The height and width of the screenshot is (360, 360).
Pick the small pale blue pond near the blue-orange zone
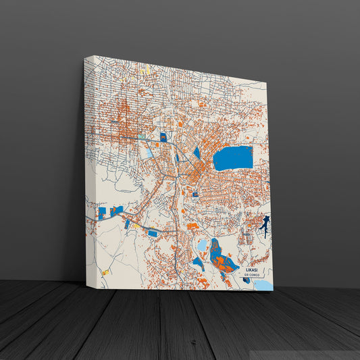(x=201, y=245)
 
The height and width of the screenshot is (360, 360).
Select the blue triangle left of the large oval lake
(x=197, y=153)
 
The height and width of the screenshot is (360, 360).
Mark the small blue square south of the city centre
(x=195, y=195)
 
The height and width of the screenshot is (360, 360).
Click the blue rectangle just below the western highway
(x=153, y=233)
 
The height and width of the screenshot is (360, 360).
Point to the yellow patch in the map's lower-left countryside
(x=106, y=272)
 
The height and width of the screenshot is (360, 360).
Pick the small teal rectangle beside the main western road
(x=143, y=137)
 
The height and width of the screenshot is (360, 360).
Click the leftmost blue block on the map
(x=102, y=213)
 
